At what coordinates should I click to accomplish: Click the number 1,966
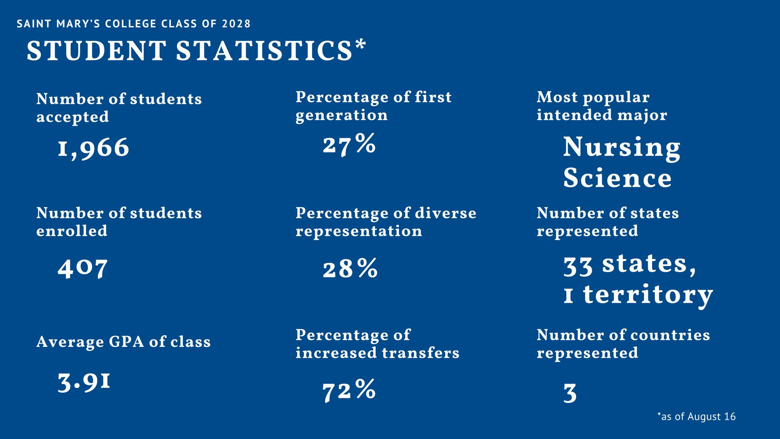point(94,148)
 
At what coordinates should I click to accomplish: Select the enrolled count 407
point(83,268)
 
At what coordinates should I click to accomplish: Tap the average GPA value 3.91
point(84,382)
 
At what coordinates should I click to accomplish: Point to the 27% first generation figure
point(349,144)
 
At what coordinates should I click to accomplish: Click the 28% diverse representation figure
point(350,268)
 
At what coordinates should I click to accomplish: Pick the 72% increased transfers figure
point(349,390)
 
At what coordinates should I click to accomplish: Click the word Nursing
point(622,148)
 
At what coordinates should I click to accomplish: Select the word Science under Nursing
point(617,178)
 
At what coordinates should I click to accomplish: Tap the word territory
point(648,295)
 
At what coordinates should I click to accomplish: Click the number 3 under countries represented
point(570,393)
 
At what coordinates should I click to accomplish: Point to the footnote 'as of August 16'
point(697,416)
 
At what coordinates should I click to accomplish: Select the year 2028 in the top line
point(236,24)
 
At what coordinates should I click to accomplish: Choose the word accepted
point(73,117)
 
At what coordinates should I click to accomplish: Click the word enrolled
point(72,231)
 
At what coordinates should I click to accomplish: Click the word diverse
point(445,213)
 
